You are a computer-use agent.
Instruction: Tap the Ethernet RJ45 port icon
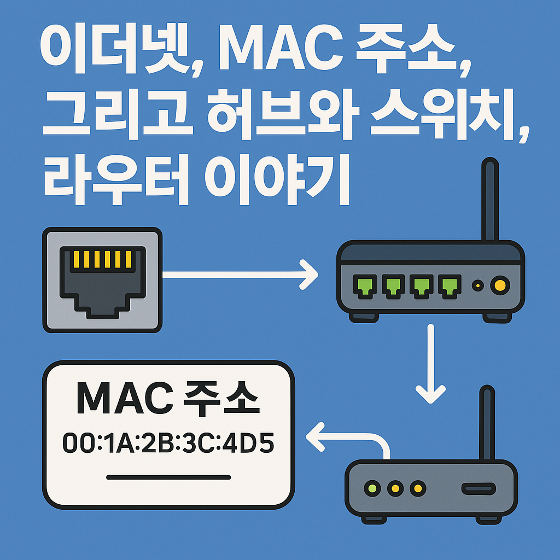click(102, 279)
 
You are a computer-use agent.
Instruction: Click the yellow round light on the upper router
click(499, 284)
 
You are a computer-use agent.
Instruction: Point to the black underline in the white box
click(168, 477)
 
